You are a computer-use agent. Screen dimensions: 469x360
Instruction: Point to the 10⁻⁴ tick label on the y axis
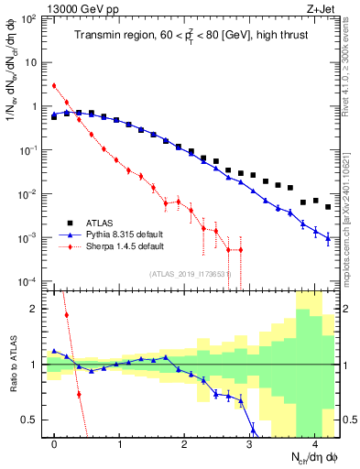coord(33,281)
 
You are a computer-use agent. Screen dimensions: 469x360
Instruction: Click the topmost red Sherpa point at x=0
coord(55,86)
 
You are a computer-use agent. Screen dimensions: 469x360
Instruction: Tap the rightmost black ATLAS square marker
coord(328,207)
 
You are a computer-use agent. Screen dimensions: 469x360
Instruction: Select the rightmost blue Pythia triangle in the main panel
coord(328,236)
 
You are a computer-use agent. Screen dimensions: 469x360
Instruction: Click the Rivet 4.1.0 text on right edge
coord(354,64)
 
